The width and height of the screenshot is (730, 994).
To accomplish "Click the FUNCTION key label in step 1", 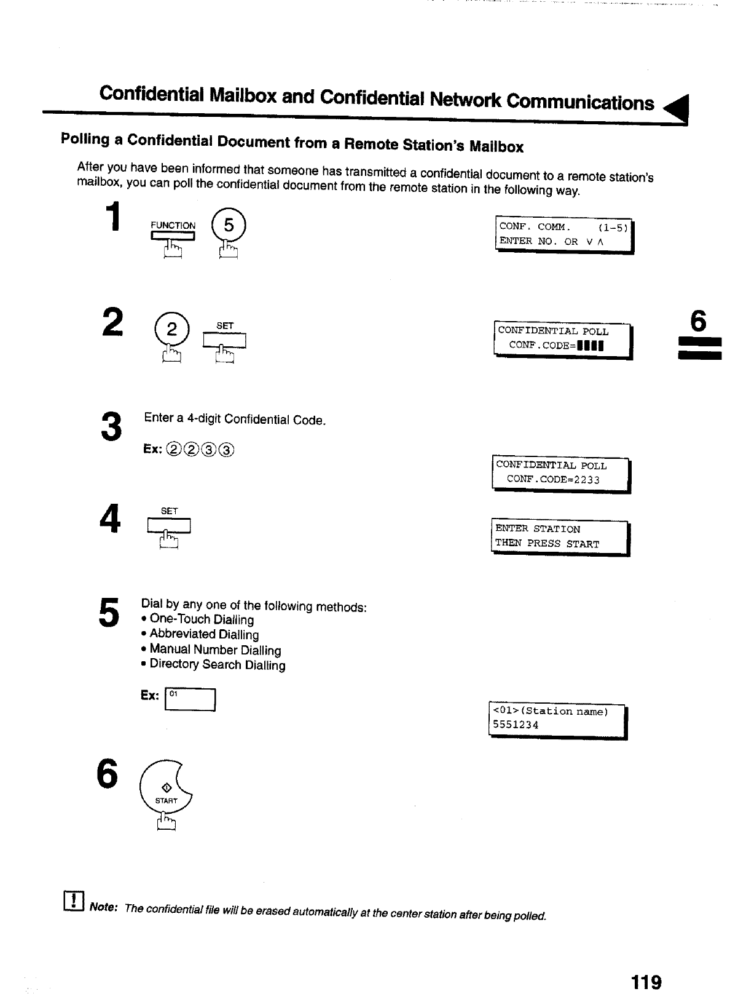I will (x=173, y=226).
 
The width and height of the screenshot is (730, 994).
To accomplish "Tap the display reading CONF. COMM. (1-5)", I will (x=563, y=234).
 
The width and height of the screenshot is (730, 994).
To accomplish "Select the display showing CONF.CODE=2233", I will (x=560, y=473).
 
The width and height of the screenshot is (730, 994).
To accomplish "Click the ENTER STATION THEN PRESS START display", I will (x=560, y=536).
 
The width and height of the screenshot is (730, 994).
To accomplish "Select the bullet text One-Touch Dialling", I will (x=202, y=619).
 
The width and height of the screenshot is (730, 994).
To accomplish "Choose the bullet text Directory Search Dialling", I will (x=218, y=665).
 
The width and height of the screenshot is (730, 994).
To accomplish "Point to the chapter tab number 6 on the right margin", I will (x=699, y=321).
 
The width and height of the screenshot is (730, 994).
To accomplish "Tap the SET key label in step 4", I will (x=169, y=511).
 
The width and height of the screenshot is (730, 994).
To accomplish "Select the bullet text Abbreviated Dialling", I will (x=204, y=634).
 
